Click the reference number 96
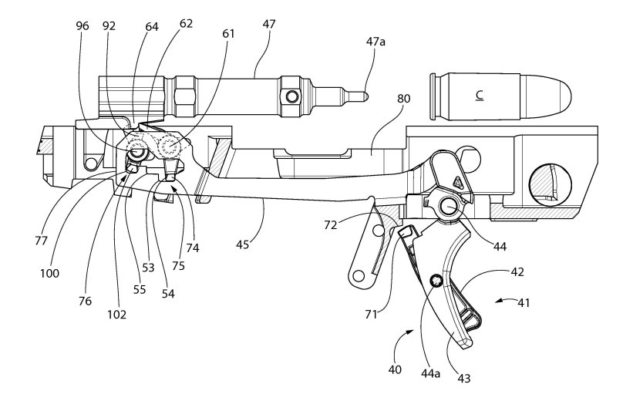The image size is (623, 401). [83, 25]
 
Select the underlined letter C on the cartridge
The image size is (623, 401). [479, 95]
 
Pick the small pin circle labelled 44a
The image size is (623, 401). [436, 281]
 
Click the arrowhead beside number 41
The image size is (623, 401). [499, 300]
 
